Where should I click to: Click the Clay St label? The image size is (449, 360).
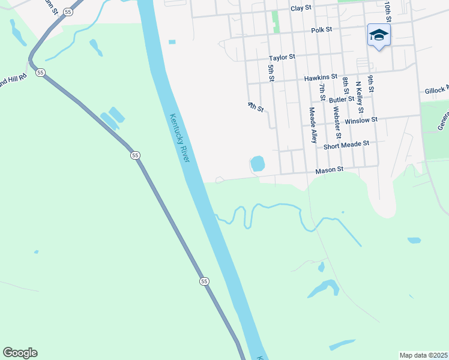tap(301, 8)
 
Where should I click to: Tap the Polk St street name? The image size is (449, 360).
tap(322, 29)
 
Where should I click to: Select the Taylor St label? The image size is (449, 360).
tap(282, 57)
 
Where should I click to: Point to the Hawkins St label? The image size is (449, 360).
tap(321, 77)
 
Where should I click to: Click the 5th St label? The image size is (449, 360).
tap(271, 73)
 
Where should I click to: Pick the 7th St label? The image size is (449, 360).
tap(322, 93)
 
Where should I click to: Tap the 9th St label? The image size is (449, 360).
tap(372, 84)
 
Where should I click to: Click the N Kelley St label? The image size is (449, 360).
tap(360, 97)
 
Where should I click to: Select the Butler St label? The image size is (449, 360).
tap(342, 100)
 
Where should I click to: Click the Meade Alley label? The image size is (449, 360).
tap(313, 125)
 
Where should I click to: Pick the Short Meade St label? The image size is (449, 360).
tap(346, 145)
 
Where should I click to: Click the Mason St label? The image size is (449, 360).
tap(329, 170)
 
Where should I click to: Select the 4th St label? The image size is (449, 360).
tap(256, 107)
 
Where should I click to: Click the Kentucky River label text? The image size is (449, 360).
tap(179, 138)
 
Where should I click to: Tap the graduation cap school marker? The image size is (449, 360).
tap(379, 35)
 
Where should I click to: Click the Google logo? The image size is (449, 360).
tap(20, 353)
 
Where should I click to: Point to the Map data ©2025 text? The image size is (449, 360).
tap(423, 355)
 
